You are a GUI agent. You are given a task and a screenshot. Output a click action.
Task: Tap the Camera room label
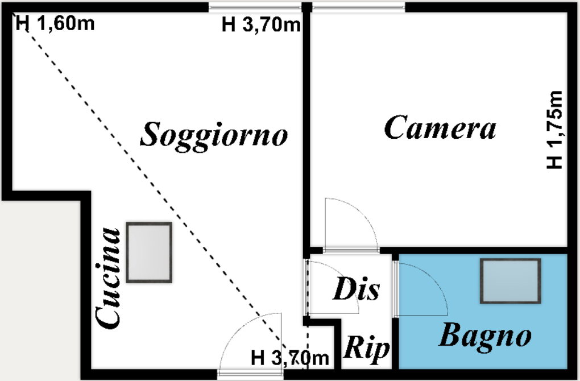tap(440, 127)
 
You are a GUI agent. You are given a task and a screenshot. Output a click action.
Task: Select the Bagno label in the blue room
tap(485, 336)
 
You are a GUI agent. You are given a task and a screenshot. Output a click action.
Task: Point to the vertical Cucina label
tap(109, 278)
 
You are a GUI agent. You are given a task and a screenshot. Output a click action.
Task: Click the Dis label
tap(355, 289)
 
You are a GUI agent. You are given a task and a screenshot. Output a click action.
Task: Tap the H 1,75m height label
tap(554, 130)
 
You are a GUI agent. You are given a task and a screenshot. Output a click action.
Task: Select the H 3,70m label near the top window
tap(261, 25)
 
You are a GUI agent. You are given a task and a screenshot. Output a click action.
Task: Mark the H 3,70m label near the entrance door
tap(290, 358)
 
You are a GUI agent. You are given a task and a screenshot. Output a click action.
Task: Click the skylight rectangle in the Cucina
tap(149, 252)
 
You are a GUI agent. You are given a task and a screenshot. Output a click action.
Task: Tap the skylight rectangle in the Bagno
tap(510, 281)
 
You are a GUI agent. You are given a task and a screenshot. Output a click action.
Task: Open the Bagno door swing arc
tap(424, 287)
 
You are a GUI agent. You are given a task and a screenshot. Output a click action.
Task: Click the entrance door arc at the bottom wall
tap(247, 341)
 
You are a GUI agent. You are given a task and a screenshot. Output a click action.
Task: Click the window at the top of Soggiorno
tap(255, 7)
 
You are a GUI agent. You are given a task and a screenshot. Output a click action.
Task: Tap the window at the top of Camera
tap(358, 7)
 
